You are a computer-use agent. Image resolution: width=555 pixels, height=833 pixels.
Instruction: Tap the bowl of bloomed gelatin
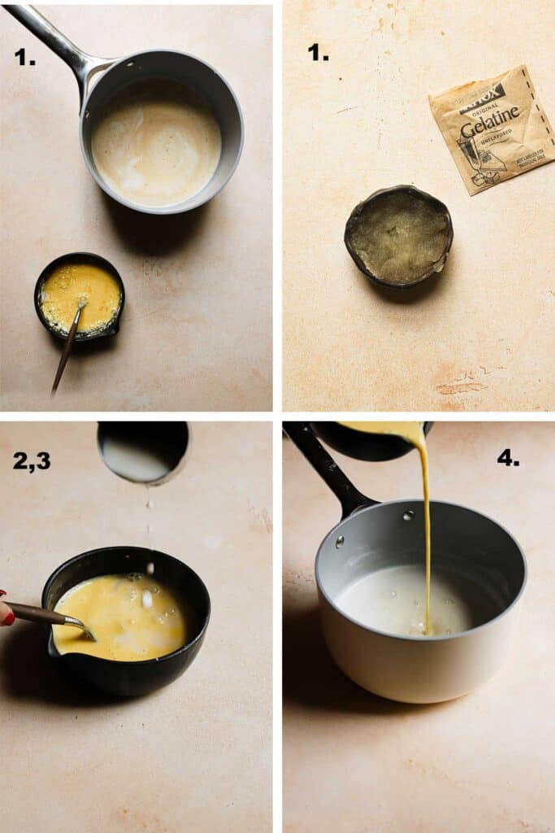point(398,236)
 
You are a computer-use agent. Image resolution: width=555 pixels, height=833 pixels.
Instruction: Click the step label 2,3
point(32,461)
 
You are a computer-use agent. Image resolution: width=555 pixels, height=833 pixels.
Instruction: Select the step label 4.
point(509,459)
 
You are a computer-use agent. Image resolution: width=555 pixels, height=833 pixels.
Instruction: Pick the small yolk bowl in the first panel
point(80,296)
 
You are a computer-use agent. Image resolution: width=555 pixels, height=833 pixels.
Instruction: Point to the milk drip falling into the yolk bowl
point(149,529)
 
